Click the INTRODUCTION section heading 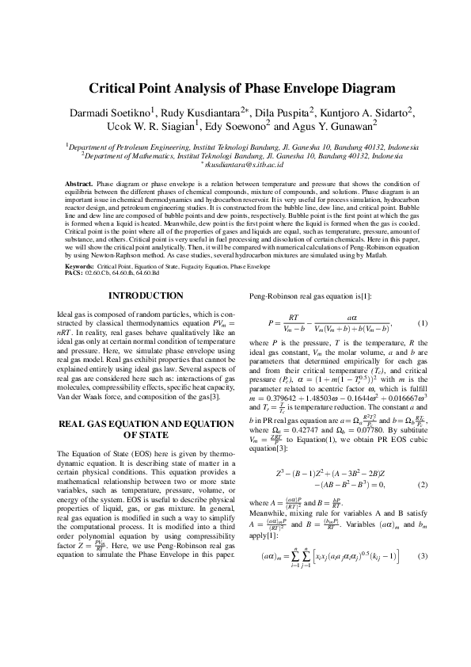pyautogui.click(x=145, y=295)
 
